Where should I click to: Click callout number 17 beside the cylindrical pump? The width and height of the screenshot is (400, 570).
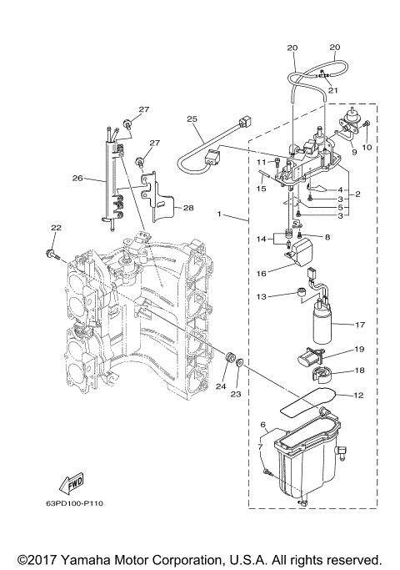[360, 325]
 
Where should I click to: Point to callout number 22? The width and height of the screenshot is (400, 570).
[56, 228]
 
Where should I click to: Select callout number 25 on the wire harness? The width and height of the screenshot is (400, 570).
[193, 120]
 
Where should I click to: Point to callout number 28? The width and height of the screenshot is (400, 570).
[188, 207]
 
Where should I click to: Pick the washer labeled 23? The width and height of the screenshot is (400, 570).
[239, 363]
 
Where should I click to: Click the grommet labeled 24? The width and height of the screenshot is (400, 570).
[222, 357]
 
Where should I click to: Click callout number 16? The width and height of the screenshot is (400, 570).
[260, 271]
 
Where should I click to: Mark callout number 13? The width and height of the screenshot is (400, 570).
[261, 296]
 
